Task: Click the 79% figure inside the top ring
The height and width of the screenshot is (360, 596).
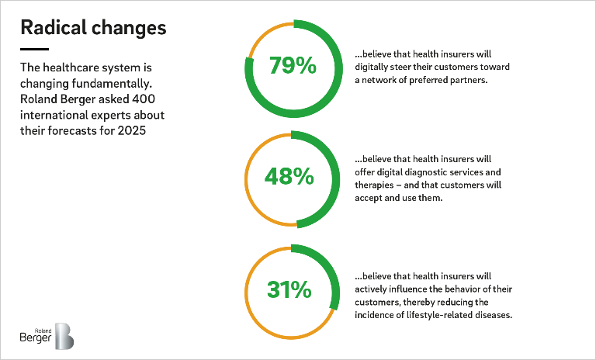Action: click(x=293, y=65)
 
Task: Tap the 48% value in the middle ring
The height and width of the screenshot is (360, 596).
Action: click(x=289, y=176)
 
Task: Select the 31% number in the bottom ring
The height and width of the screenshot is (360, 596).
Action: click(x=289, y=289)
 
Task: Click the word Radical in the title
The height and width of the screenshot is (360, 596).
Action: click(x=54, y=27)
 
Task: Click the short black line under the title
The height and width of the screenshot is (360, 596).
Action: click(x=35, y=49)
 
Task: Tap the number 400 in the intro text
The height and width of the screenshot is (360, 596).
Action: click(x=144, y=99)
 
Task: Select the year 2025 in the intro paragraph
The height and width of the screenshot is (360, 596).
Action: click(x=131, y=130)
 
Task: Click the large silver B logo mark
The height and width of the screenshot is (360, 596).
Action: click(x=64, y=336)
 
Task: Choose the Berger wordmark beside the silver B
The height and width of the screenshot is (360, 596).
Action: click(x=36, y=337)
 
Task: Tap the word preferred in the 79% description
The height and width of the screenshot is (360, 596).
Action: click(x=428, y=80)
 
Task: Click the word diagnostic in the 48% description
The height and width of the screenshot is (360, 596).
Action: click(x=428, y=172)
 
